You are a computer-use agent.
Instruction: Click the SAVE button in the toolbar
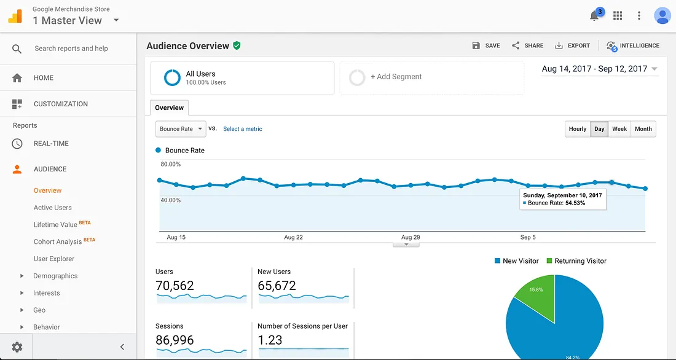point(485,45)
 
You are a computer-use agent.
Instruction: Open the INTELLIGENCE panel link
point(632,45)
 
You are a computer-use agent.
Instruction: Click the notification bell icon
point(594,16)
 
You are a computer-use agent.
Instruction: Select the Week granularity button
point(619,129)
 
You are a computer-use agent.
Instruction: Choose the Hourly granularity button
point(578,129)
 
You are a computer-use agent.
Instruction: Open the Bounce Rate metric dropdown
point(181,129)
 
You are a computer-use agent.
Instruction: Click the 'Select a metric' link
point(242,129)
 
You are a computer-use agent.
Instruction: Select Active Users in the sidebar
point(52,208)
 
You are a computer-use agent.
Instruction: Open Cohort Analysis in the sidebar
point(58,241)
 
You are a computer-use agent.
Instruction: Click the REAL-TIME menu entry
point(51,144)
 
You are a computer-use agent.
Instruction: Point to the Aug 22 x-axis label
point(293,237)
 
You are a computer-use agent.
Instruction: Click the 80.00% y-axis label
point(171,164)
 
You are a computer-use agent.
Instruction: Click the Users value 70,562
point(175,286)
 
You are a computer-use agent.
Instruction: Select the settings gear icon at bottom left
point(17,346)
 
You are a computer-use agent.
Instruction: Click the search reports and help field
point(71,49)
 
